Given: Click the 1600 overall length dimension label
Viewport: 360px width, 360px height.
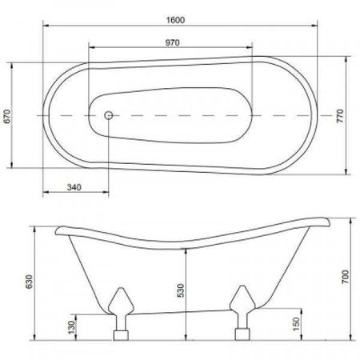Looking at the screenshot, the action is point(175,20).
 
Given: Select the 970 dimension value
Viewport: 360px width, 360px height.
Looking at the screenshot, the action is point(172,42).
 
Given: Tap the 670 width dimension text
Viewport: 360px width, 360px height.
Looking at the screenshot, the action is point(7,116).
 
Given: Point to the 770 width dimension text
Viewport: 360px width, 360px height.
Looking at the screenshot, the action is point(340,116).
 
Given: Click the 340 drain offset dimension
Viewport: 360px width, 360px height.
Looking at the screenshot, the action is point(74,187).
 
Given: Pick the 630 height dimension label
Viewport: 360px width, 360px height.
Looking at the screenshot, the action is point(29,282).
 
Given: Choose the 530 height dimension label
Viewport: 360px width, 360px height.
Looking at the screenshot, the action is point(181,290).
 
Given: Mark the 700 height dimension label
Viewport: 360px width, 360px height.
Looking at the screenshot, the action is point(345,277).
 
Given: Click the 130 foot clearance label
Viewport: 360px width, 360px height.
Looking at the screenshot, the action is point(71,327).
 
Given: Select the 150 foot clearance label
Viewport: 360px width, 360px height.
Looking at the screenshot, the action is point(296,324).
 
